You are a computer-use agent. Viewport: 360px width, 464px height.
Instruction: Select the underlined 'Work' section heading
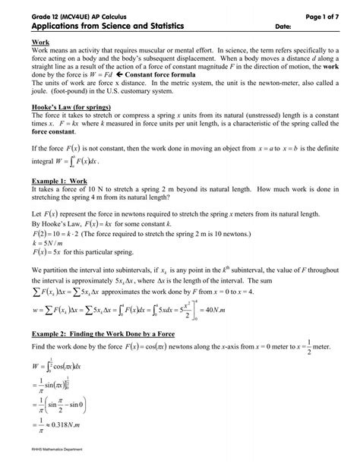point(39,42)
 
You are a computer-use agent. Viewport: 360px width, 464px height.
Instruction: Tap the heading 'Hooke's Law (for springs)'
point(73,107)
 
